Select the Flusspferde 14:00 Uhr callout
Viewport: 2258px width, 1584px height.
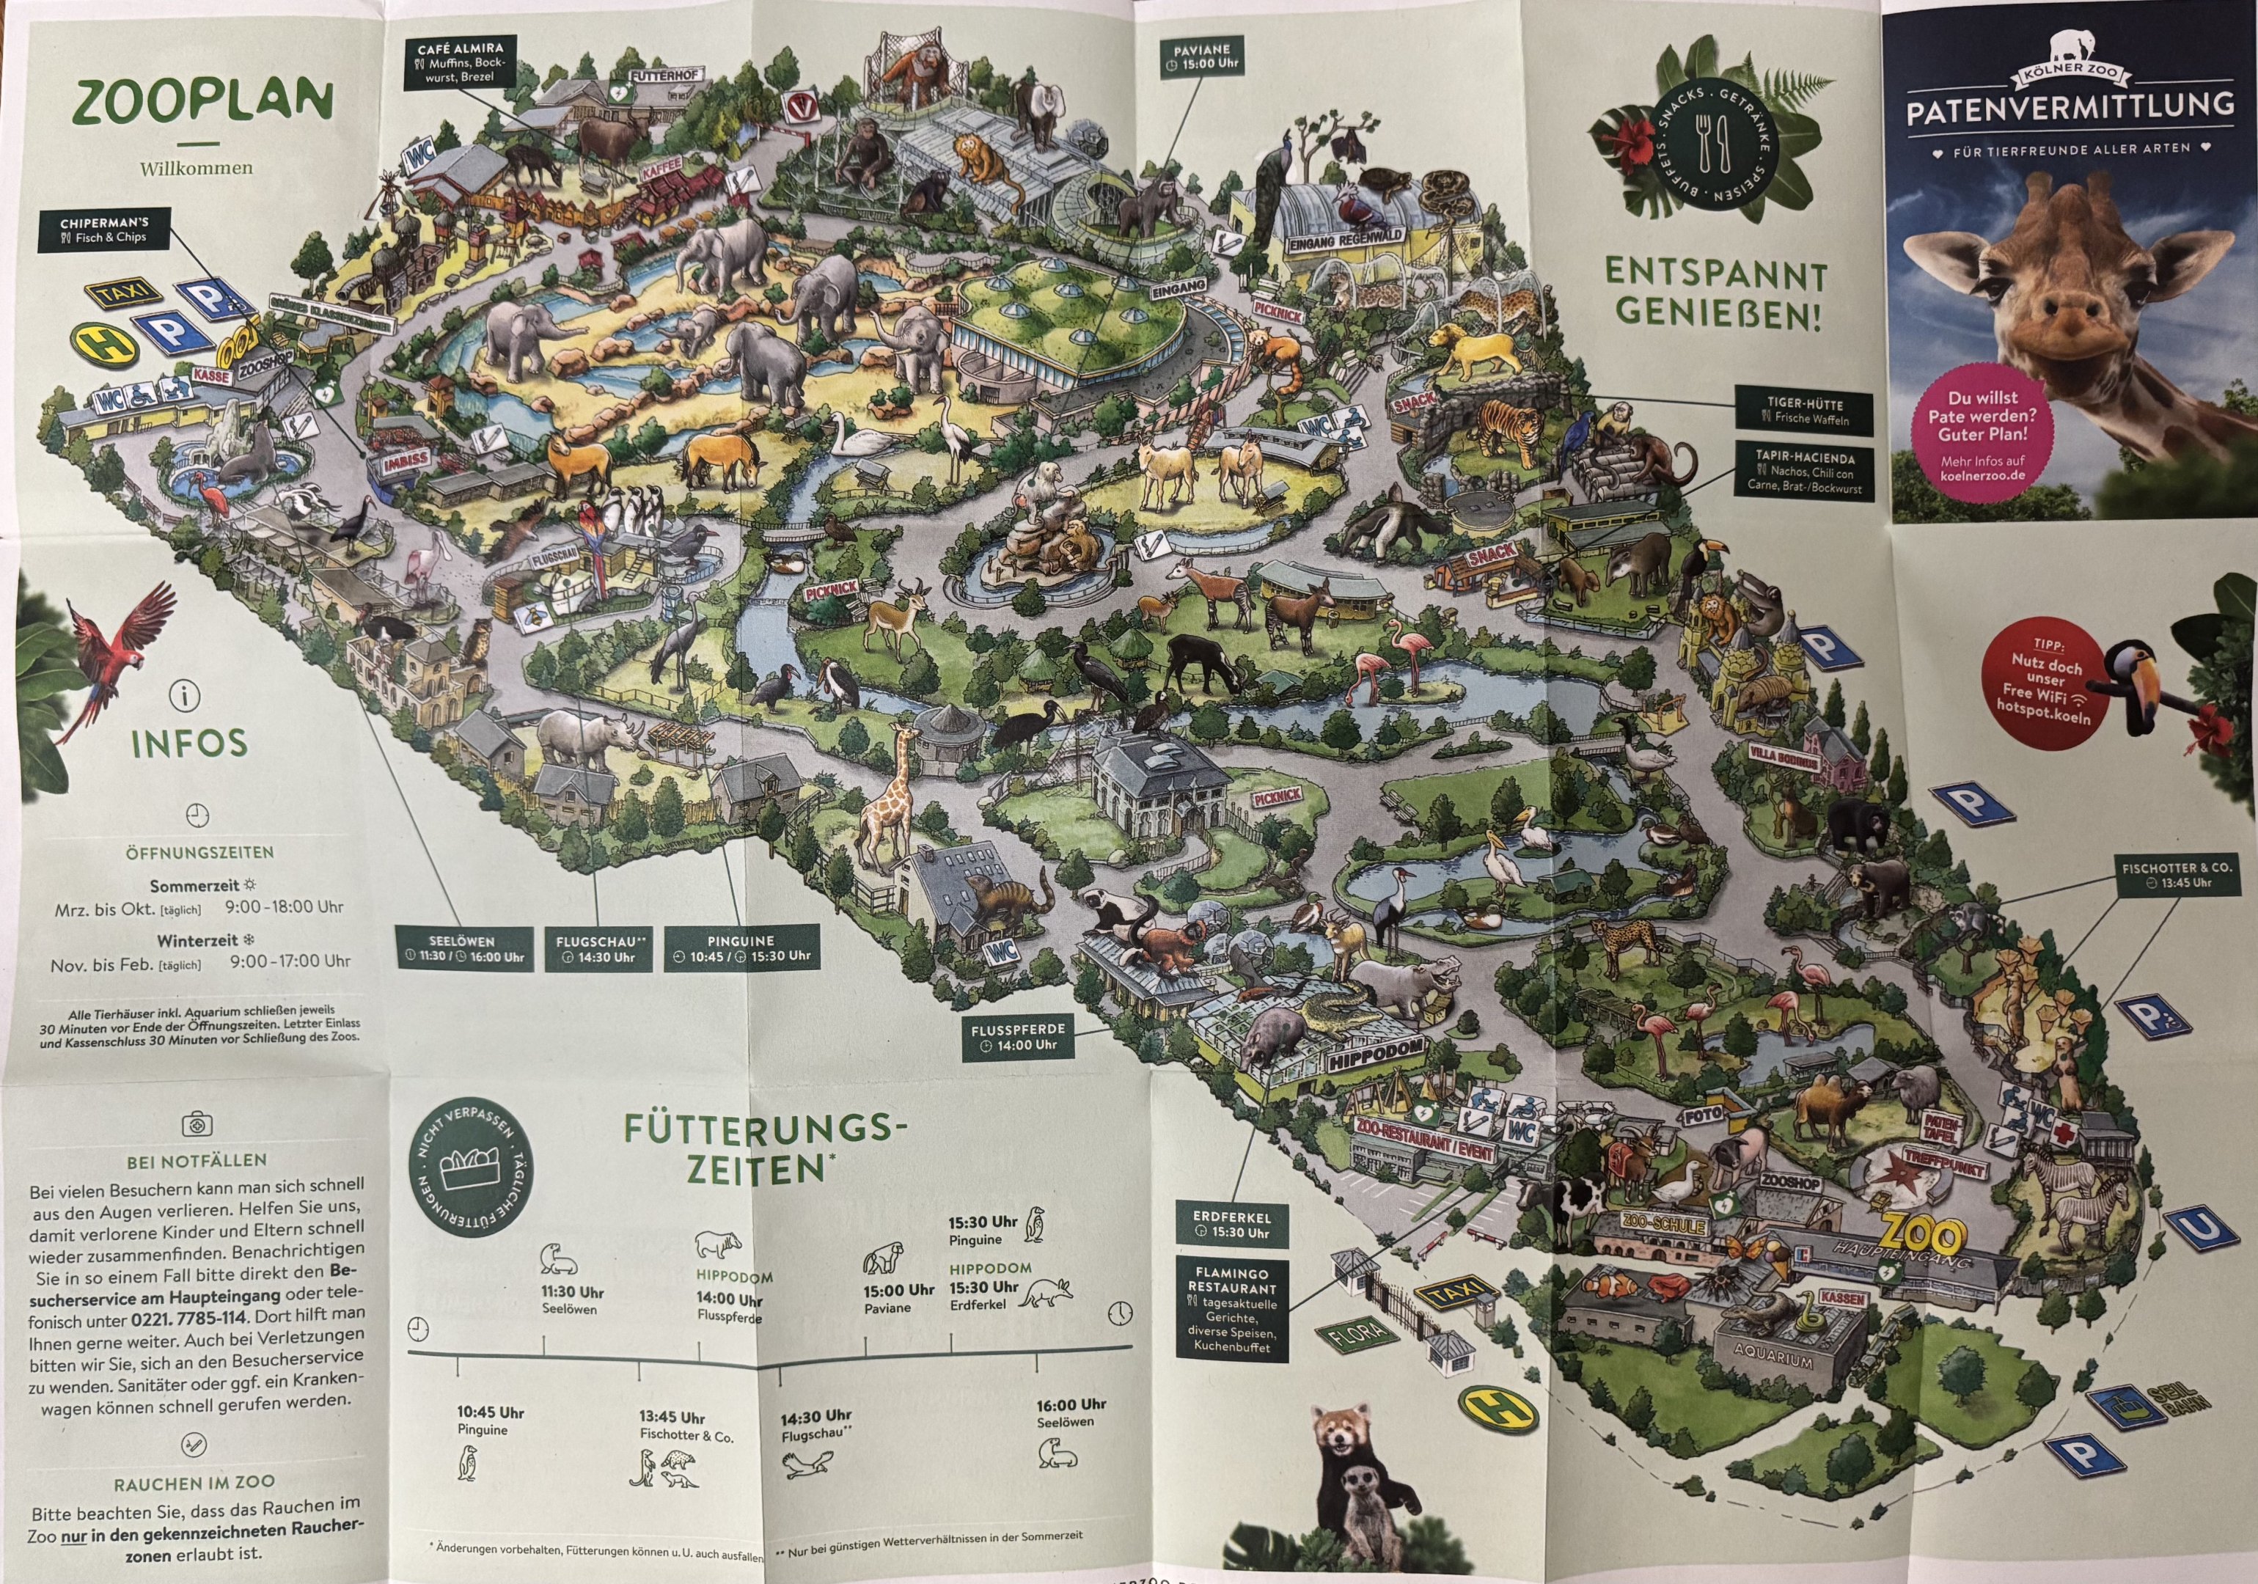click(1017, 1036)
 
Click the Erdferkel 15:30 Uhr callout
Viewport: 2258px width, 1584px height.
click(1231, 1224)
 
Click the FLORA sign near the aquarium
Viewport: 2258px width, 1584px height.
click(1358, 1334)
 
